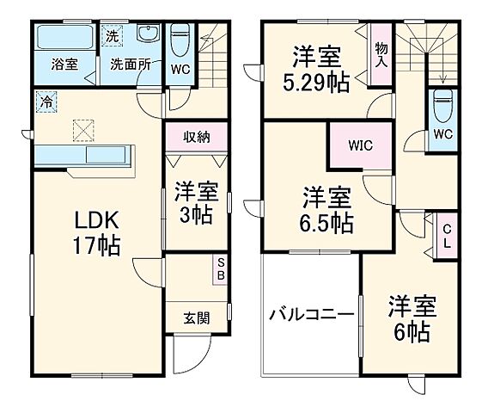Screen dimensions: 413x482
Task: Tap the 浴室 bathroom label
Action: coord(64,64)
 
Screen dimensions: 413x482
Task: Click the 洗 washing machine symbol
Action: coord(112,36)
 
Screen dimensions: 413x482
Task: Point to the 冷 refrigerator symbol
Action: coord(44,101)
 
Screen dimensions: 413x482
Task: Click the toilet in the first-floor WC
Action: coord(180,40)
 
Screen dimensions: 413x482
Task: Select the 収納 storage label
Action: coord(197,136)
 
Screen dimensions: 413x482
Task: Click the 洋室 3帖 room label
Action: coord(196,201)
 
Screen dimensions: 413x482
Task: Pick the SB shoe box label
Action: coord(221,269)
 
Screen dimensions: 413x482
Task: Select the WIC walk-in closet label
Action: coord(361,145)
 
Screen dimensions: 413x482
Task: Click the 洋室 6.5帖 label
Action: coord(326,211)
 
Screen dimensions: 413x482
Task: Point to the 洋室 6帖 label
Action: coord(412,318)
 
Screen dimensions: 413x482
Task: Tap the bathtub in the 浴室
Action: coord(65,38)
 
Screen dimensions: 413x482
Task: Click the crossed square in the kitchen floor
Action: coord(84,129)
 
